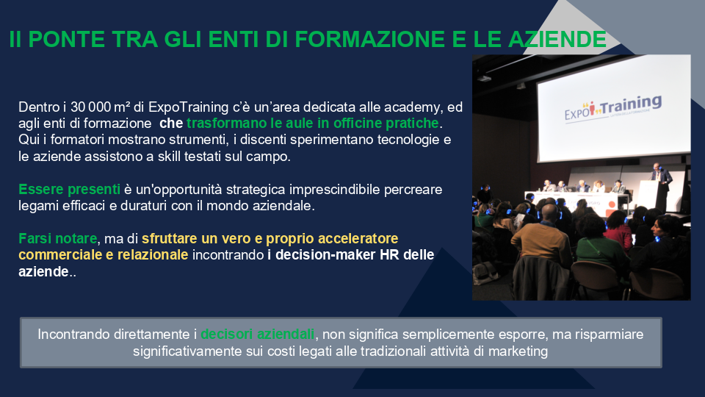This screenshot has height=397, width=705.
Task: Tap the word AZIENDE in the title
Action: click(557, 39)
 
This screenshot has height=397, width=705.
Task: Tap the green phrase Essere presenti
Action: click(69, 190)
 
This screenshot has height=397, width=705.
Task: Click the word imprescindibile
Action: click(335, 190)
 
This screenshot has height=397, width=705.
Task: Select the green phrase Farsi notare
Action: click(58, 238)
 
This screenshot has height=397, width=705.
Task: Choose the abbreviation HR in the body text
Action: click(389, 255)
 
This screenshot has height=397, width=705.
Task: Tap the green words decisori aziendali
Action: click(257, 334)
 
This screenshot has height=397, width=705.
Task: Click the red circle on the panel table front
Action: click(611, 206)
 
